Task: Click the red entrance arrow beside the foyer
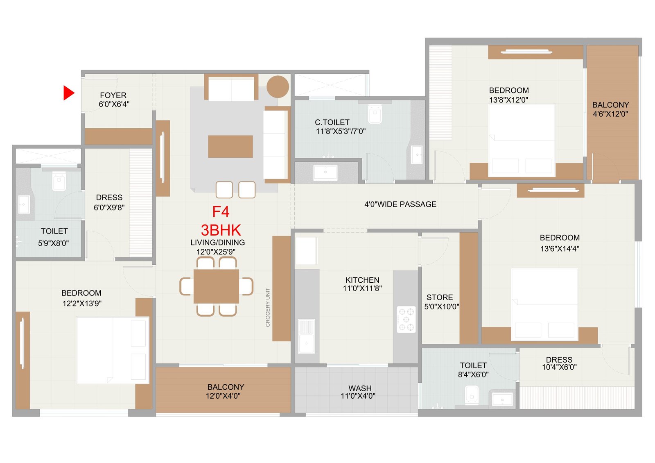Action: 68,93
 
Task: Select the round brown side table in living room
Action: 278,87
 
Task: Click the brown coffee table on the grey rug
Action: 230,147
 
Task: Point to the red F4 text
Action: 221,212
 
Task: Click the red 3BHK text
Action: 221,230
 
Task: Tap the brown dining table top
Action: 217,286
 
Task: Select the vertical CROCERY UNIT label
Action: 268,307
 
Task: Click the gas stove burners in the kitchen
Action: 406,319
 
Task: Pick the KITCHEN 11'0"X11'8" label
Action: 362,284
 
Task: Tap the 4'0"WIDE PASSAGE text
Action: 400,204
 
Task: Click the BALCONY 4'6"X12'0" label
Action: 610,109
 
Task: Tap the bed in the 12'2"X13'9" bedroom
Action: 112,350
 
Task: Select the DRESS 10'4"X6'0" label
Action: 559,363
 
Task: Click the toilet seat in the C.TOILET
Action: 375,114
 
